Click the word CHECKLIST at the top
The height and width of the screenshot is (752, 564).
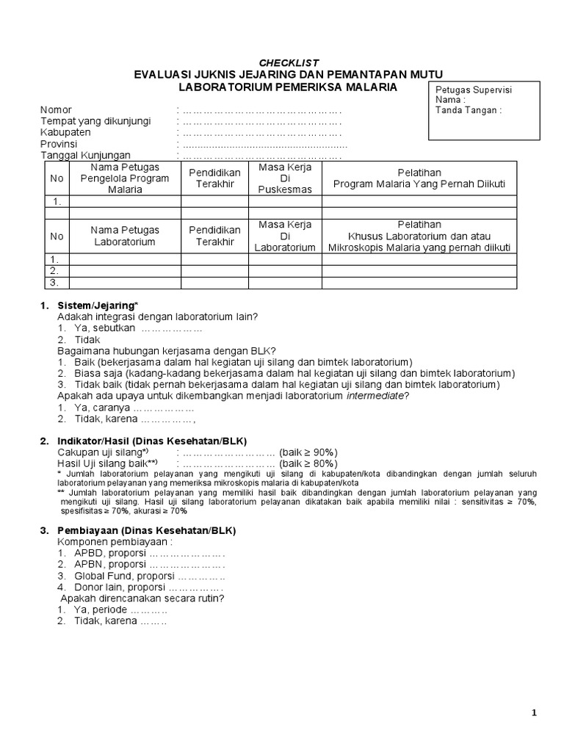[x=289, y=62]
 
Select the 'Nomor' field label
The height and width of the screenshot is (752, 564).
[x=56, y=110]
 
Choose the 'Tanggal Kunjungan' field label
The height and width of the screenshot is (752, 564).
[x=85, y=156]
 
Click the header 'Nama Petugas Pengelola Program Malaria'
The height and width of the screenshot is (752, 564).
[x=125, y=178]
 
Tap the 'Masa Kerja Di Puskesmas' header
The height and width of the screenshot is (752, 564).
[x=286, y=178]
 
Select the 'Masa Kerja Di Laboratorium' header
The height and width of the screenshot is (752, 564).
[x=285, y=236]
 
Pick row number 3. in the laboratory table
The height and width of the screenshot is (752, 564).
[x=54, y=283]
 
